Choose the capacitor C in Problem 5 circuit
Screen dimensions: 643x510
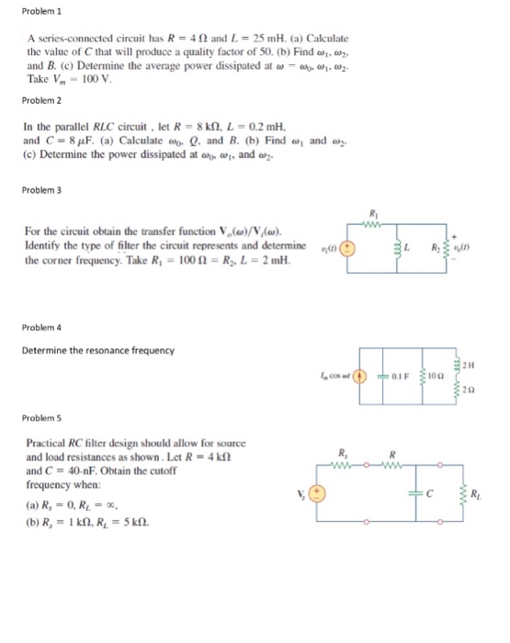pyautogui.click(x=425, y=492)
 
